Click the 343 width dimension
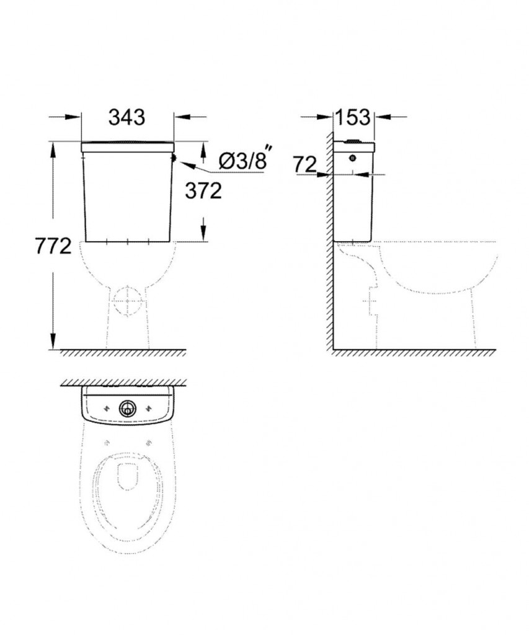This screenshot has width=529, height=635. [x=127, y=117]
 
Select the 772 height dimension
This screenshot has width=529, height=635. [x=53, y=246]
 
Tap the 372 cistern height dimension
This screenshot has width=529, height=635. [x=203, y=191]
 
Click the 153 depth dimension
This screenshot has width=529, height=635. [x=352, y=117]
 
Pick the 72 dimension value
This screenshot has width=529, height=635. [x=305, y=164]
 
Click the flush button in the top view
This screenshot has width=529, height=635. [x=127, y=408]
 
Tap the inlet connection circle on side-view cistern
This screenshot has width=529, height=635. [x=353, y=158]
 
